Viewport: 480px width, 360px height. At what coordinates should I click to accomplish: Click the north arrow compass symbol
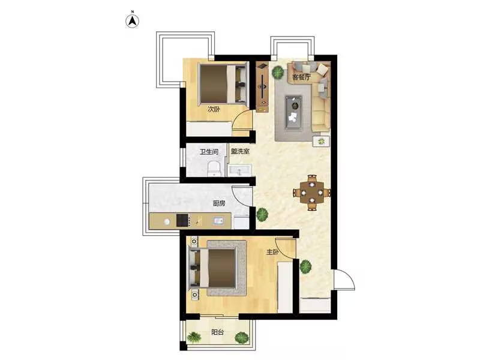click(133, 20)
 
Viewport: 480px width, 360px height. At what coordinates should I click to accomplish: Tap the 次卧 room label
click(214, 109)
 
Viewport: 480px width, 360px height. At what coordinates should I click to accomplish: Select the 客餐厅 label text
click(302, 77)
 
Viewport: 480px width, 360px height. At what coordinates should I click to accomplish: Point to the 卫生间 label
click(209, 152)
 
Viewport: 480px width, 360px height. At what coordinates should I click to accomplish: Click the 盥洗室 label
click(240, 151)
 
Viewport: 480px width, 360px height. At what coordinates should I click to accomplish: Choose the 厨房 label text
click(219, 203)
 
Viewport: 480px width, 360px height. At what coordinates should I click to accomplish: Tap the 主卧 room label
click(272, 252)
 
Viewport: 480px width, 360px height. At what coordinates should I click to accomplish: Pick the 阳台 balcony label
click(217, 332)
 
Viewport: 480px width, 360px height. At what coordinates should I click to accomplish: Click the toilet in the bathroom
click(214, 169)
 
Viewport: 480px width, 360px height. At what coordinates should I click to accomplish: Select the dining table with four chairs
click(312, 193)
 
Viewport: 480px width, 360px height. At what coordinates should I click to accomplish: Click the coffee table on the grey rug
click(293, 112)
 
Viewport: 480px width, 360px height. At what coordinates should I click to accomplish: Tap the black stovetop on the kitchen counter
click(182, 220)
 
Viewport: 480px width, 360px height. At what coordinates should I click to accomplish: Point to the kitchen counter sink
click(218, 220)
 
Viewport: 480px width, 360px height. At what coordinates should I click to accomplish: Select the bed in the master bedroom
click(214, 268)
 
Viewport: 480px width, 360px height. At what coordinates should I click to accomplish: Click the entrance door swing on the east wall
click(344, 279)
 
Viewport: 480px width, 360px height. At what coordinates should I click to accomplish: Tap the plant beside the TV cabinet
click(278, 73)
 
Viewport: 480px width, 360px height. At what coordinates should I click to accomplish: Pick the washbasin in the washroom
click(239, 170)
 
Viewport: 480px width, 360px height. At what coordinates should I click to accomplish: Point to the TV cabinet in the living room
click(262, 87)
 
